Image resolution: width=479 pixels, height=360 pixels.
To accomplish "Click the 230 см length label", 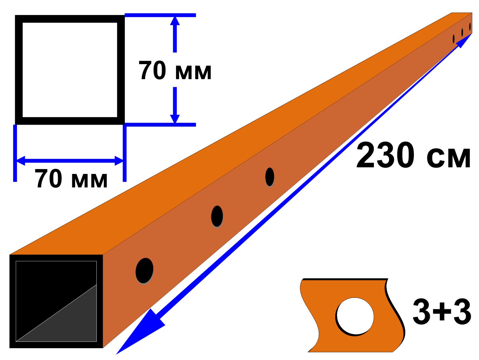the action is [413, 155].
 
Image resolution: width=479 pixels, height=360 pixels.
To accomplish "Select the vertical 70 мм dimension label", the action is [175, 70].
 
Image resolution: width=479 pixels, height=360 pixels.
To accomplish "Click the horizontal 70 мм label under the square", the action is [71, 178].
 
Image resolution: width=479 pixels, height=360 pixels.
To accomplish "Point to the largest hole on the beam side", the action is [144, 271].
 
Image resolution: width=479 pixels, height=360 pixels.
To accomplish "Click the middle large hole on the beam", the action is [217, 216].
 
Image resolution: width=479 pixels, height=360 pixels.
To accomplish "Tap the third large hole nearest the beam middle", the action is [270, 177].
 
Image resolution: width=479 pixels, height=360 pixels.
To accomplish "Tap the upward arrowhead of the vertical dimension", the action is [175, 21].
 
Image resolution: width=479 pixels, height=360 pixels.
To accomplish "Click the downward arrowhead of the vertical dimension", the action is [175, 119].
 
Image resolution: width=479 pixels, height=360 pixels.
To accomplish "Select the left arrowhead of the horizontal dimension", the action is [21, 161].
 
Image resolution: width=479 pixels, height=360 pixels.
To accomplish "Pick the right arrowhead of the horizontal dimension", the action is [119, 161].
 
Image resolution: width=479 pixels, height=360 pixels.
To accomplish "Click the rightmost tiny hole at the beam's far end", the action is [470, 26].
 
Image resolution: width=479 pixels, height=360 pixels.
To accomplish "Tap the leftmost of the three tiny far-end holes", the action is [453, 39].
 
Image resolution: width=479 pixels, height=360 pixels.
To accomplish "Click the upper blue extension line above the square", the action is [160, 15].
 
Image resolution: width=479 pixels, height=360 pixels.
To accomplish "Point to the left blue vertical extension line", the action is [15, 153].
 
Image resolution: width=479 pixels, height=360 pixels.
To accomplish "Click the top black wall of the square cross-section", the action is [70, 19].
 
